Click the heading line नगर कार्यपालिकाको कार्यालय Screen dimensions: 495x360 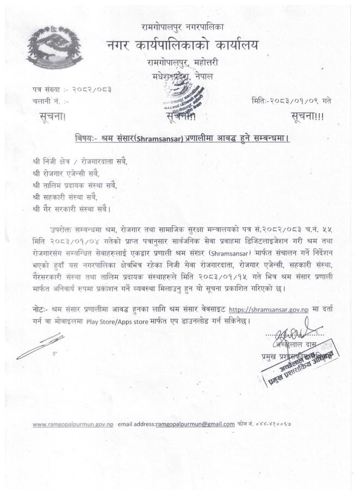click(183, 46)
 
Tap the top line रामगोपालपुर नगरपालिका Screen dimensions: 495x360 click(181, 26)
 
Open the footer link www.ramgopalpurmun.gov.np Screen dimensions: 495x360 click(73, 424)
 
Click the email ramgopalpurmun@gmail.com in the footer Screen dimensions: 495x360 click(195, 424)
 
